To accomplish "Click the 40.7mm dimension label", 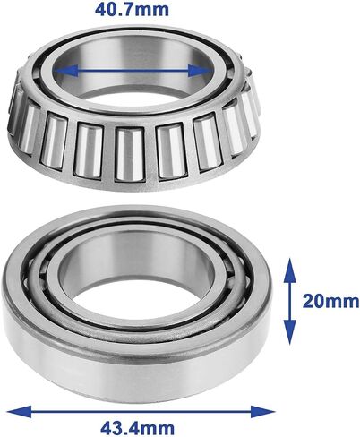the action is point(132,10).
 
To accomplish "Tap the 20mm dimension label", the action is point(330,301).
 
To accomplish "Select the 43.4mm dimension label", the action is point(137,428).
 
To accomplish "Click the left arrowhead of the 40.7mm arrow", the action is point(65,71).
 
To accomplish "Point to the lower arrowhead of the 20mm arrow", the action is point(289,332).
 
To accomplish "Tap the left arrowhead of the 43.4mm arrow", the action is point(19,411).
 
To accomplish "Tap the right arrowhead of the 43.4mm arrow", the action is point(262,412).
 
